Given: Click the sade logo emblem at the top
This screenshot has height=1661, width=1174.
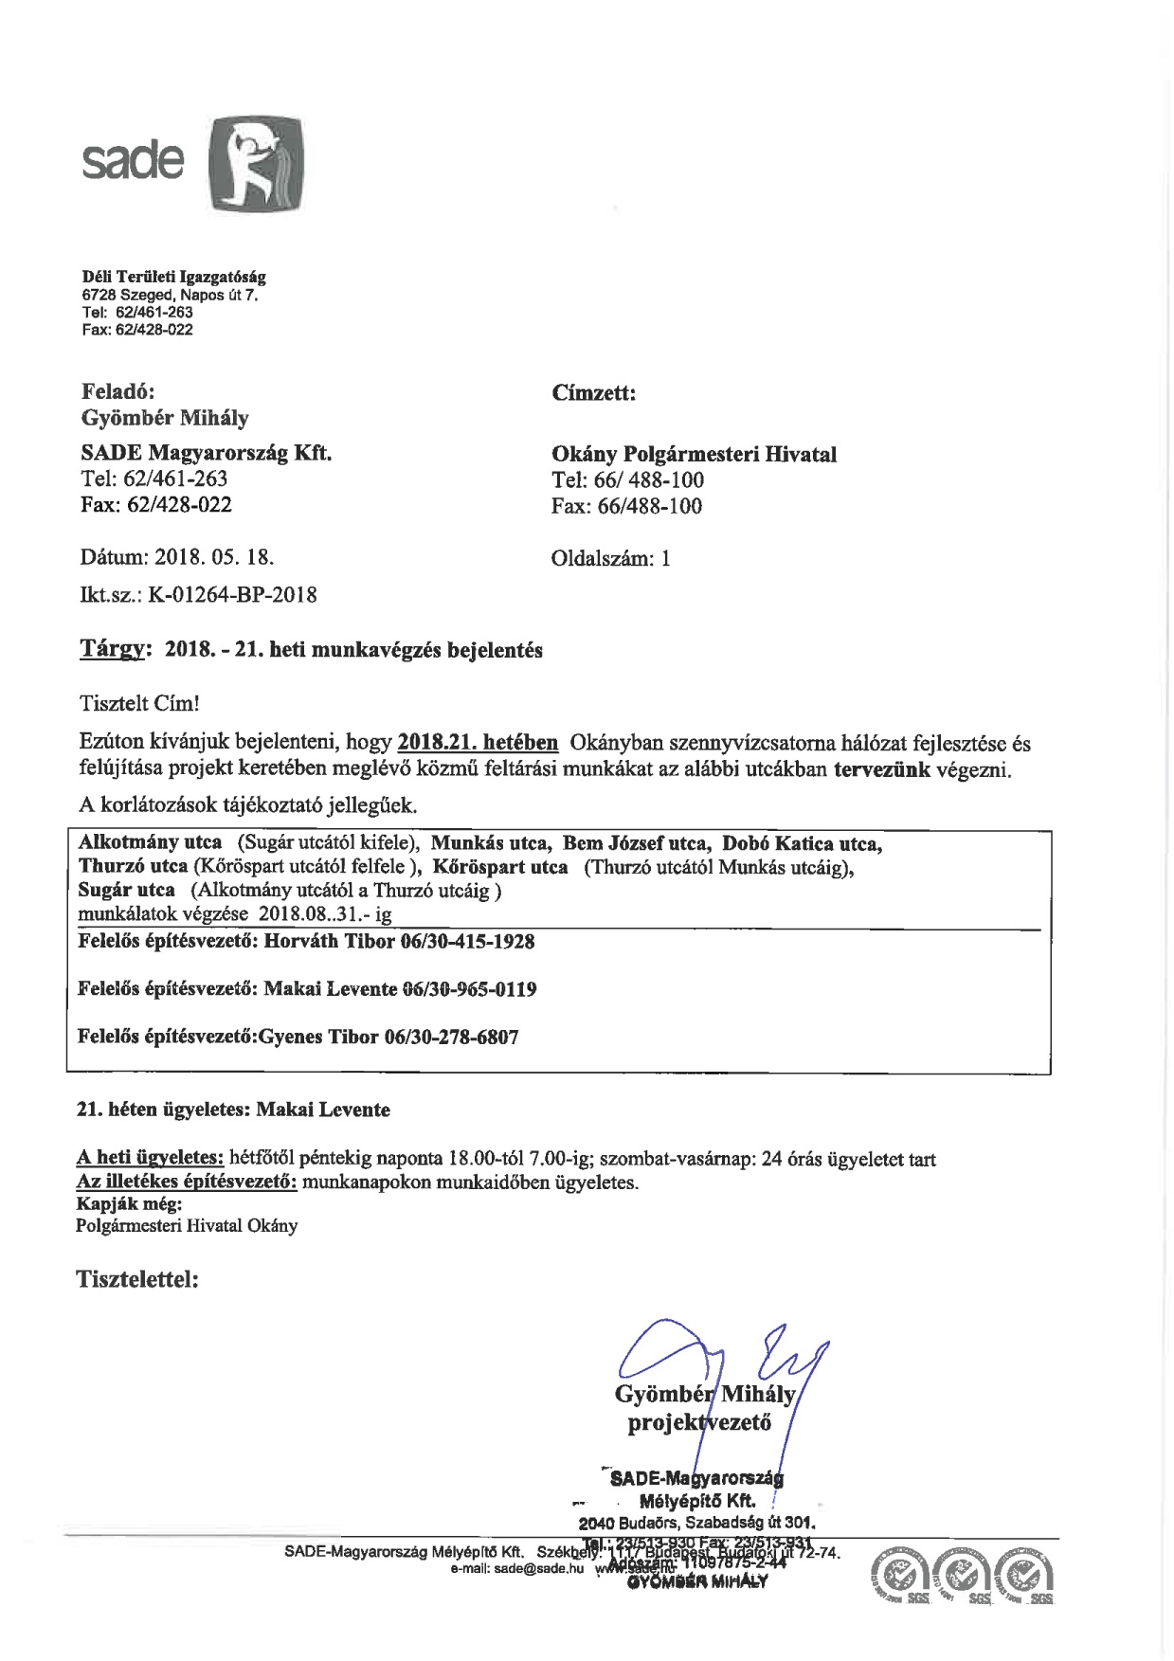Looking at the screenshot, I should click(x=256, y=163).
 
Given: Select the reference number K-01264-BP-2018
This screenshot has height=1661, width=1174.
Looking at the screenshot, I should click(x=232, y=595).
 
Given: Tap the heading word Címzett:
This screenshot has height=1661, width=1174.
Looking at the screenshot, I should click(x=593, y=393).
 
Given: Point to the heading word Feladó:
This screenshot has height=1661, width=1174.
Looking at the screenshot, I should click(x=117, y=391).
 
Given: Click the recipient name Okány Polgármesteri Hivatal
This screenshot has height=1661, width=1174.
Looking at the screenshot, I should click(x=694, y=455).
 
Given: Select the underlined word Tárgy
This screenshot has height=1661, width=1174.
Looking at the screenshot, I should click(x=113, y=650).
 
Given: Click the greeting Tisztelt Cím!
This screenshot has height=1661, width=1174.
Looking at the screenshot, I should click(x=140, y=704).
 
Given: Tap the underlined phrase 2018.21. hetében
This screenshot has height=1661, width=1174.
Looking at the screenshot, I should click(x=478, y=743).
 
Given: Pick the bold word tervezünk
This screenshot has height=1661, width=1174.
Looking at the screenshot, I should click(x=881, y=769).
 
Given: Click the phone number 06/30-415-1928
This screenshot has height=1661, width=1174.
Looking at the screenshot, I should click(x=467, y=942).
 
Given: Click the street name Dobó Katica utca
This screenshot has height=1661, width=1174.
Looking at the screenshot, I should click(x=802, y=843).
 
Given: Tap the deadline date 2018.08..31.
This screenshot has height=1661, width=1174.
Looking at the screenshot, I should click(x=313, y=914).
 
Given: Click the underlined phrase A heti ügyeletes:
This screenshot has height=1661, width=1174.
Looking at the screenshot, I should click(x=150, y=1159).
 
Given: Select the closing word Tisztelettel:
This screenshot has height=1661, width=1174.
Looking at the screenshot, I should click(x=137, y=1280).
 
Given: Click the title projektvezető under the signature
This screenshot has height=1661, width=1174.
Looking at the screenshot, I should click(x=699, y=1422).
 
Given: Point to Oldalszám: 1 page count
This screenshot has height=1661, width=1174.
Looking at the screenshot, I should click(x=610, y=558).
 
